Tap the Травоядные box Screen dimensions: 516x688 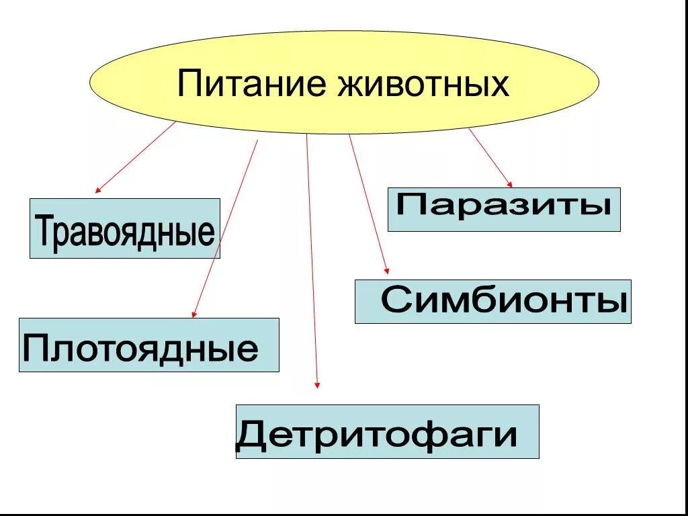click(x=125, y=228)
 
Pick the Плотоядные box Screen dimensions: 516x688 click(x=148, y=345)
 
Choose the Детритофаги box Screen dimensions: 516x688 click(x=387, y=431)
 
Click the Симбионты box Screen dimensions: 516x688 click(x=492, y=302)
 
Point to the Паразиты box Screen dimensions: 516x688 click(x=504, y=210)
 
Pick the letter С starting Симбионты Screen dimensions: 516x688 click(x=396, y=300)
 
